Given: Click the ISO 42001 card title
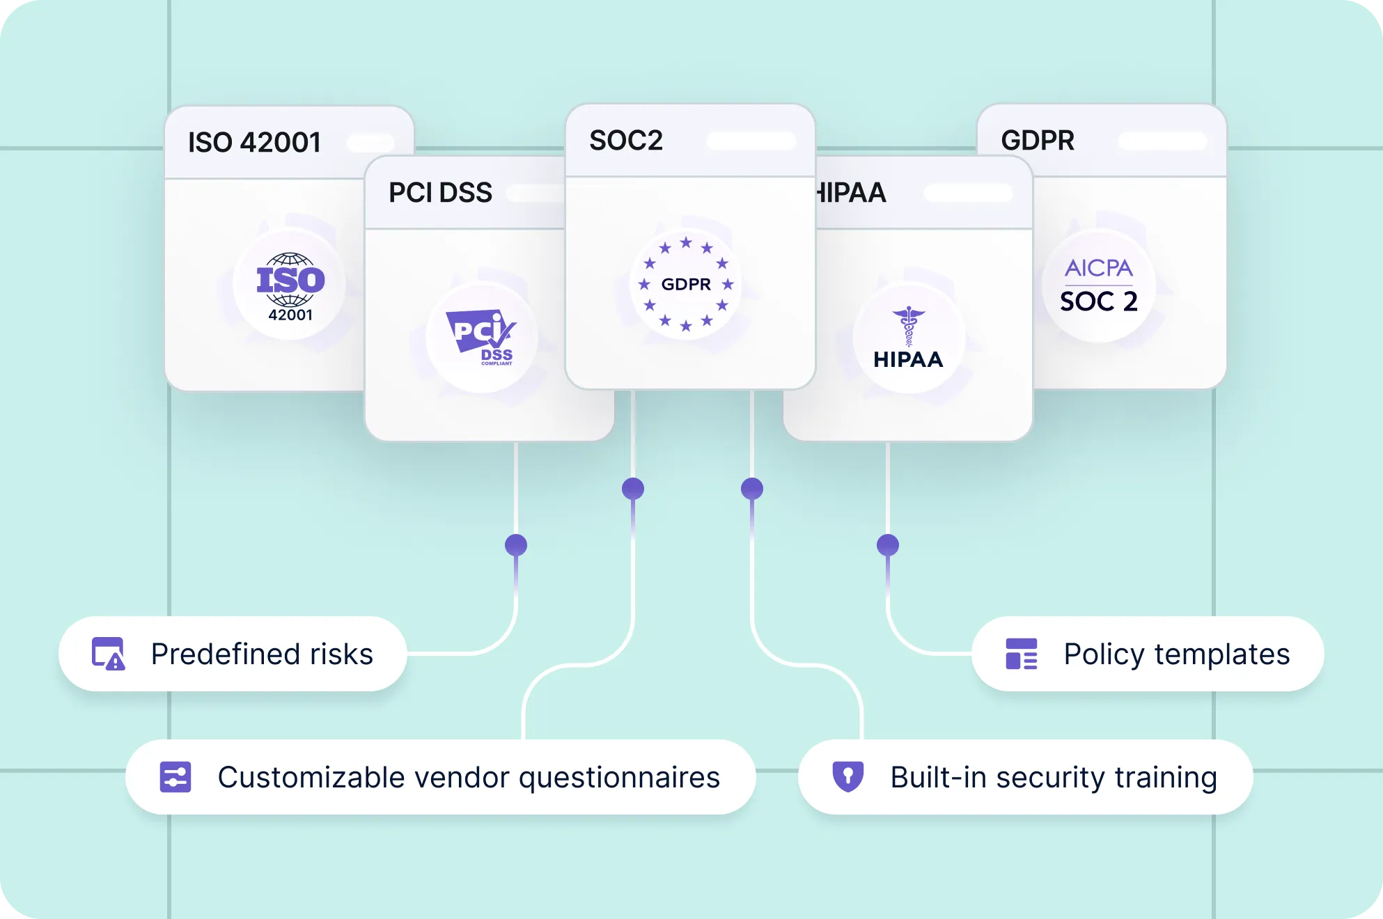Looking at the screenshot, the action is click(x=254, y=143).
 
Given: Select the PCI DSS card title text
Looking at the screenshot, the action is click(x=440, y=192).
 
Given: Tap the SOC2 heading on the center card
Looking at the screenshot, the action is click(x=626, y=141).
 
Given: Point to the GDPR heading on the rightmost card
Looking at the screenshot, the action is click(x=1038, y=141).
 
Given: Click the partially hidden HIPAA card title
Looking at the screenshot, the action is click(x=851, y=192).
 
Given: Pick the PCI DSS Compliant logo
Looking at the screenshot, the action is click(x=482, y=338).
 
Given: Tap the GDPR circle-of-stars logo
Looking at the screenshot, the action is click(x=686, y=284).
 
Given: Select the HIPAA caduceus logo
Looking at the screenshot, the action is click(x=908, y=338).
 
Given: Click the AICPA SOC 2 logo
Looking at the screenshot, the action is click(x=1099, y=286).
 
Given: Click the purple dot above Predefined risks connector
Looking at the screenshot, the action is click(x=516, y=545).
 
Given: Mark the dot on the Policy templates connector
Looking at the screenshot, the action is click(x=888, y=545).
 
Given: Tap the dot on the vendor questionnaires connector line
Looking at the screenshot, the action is click(x=633, y=489).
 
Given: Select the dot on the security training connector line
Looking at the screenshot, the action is click(x=752, y=489).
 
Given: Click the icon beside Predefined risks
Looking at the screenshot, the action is click(x=109, y=654).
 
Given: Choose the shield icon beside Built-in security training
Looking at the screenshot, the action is click(x=848, y=776).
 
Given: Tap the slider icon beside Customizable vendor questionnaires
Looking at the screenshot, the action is click(x=175, y=777).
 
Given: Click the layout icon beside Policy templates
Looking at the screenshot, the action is click(x=1022, y=654).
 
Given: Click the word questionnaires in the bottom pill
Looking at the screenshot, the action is click(x=620, y=778).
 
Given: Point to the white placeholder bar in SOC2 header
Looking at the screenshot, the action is click(x=751, y=141).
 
